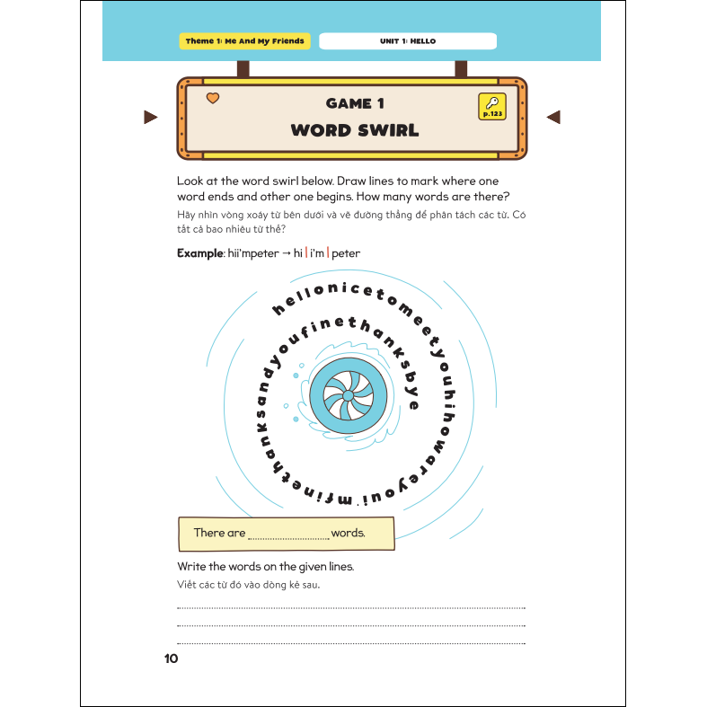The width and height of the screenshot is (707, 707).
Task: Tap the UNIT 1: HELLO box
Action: (x=408, y=41)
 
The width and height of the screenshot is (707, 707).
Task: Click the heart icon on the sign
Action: (x=213, y=98)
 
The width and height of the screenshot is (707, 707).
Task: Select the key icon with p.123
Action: (x=493, y=106)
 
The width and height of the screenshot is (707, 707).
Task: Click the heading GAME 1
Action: (x=354, y=104)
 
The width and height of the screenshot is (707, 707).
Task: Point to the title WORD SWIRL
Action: (x=354, y=130)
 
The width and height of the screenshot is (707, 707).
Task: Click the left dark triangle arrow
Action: (x=150, y=117)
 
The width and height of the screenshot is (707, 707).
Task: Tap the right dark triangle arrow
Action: (x=553, y=117)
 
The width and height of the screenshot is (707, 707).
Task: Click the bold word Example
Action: (x=199, y=253)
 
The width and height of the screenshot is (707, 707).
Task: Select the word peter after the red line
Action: (x=346, y=253)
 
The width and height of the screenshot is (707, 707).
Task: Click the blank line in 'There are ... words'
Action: (x=288, y=535)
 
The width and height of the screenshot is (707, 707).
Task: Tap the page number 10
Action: (x=171, y=658)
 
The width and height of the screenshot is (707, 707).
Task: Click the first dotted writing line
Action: (x=351, y=608)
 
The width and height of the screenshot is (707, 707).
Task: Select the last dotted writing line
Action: (x=351, y=642)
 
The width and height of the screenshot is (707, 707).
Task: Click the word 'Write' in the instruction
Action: (x=192, y=566)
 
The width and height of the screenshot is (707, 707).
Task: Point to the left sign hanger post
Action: (x=243, y=68)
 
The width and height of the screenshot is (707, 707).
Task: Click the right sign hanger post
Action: (x=461, y=68)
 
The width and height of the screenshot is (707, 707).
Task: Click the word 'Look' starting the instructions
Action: (x=191, y=181)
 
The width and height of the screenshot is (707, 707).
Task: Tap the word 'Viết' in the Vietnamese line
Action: (x=187, y=586)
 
